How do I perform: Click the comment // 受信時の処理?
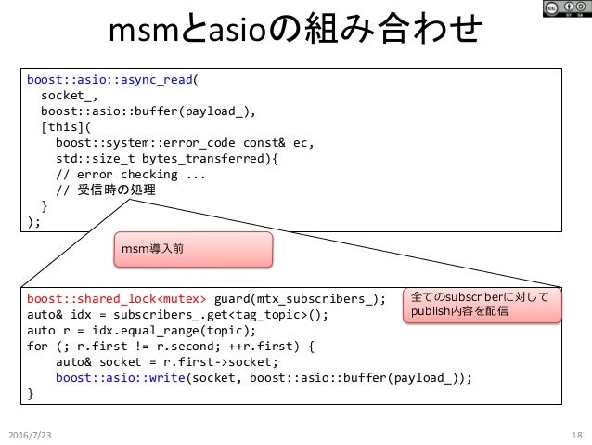click(x=105, y=190)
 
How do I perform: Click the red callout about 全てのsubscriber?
click(x=484, y=305)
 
